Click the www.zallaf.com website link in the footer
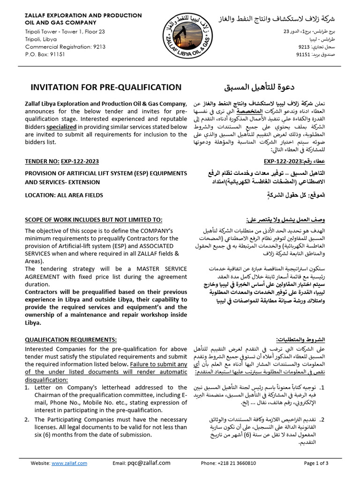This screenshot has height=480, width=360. pyautogui.click(x=69, y=463)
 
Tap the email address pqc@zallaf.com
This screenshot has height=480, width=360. pyautogui.click(x=149, y=463)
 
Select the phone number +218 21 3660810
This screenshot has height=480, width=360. pyautogui.click(x=229, y=463)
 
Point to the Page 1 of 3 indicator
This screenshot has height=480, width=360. pyautogui.click(x=316, y=463)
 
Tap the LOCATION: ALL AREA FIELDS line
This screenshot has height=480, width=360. pyautogui.click(x=64, y=195)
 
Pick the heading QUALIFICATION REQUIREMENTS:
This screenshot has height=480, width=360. pyautogui.click(x=70, y=339)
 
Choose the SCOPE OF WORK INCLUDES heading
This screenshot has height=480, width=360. pyautogui.click(x=94, y=220)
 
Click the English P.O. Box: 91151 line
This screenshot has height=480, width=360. pyautogui.click(x=45, y=54)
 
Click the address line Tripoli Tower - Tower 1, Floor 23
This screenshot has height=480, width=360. pyautogui.click(x=65, y=32)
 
